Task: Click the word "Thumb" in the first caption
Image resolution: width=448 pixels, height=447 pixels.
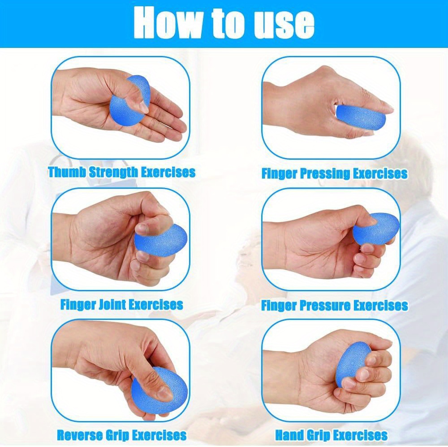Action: pos(67,172)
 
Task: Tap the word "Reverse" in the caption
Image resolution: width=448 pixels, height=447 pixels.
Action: pos(80,435)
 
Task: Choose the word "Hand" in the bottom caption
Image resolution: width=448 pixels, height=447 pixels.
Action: pos(289,435)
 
